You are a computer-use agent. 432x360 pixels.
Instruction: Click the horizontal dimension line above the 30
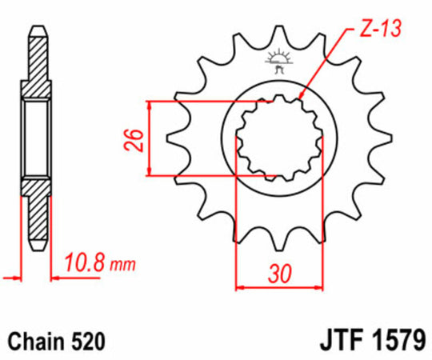click(x=278, y=286)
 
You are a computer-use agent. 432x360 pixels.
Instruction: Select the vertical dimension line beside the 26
click(x=150, y=138)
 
